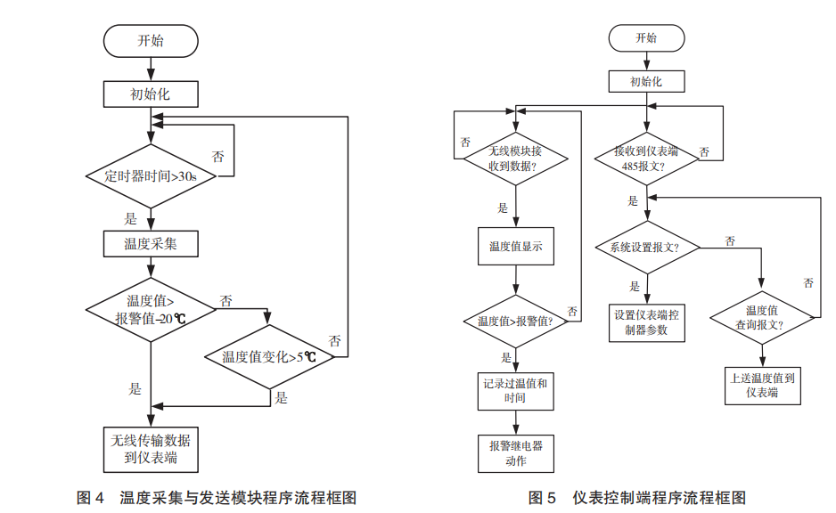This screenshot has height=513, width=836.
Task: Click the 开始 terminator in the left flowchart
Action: (x=150, y=40)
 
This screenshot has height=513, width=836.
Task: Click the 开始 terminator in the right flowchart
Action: (x=645, y=38)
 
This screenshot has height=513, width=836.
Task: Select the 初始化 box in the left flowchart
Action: (x=150, y=94)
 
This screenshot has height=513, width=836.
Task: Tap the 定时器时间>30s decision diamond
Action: (x=150, y=176)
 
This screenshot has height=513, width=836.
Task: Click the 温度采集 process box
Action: (x=150, y=243)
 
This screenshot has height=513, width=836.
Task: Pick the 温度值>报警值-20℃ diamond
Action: (x=150, y=309)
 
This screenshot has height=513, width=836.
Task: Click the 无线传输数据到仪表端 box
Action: (x=150, y=449)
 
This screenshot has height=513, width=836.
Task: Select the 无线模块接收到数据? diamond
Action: (x=515, y=159)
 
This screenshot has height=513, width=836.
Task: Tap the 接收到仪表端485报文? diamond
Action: (x=645, y=159)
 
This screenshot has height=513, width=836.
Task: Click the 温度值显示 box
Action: (x=515, y=247)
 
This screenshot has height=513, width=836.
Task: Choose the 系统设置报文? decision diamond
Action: (x=645, y=247)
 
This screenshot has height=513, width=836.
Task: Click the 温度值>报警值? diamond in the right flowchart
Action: (x=515, y=321)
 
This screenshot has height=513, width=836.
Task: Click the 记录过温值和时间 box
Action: (x=515, y=390)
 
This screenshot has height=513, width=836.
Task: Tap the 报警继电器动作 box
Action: (x=515, y=452)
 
